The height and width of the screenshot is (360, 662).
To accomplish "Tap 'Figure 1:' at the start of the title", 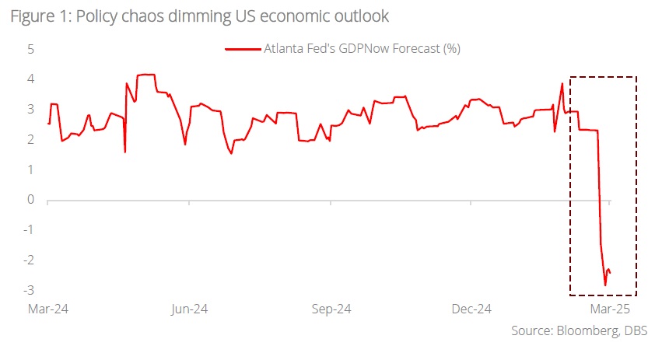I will coord(36,16).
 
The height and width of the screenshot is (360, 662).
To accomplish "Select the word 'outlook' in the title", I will coord(361,16).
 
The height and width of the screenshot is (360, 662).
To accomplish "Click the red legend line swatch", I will coord(243,49).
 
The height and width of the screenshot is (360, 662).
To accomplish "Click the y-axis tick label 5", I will coord(32,49).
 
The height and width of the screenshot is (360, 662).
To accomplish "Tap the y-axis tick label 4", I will coord(32,79).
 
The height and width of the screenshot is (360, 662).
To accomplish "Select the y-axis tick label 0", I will coord(32,200).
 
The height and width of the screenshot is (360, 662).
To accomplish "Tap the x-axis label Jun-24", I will coord(188,309).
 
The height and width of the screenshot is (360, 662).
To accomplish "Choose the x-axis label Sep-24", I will coord(331,309).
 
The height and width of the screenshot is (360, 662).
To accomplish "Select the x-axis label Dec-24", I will coord(471,309).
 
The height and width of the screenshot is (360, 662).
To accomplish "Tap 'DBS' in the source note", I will coord(636,331).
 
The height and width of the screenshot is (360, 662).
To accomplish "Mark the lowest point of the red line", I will coord(605,285).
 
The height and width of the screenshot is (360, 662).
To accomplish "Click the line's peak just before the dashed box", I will coord(562,84).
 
